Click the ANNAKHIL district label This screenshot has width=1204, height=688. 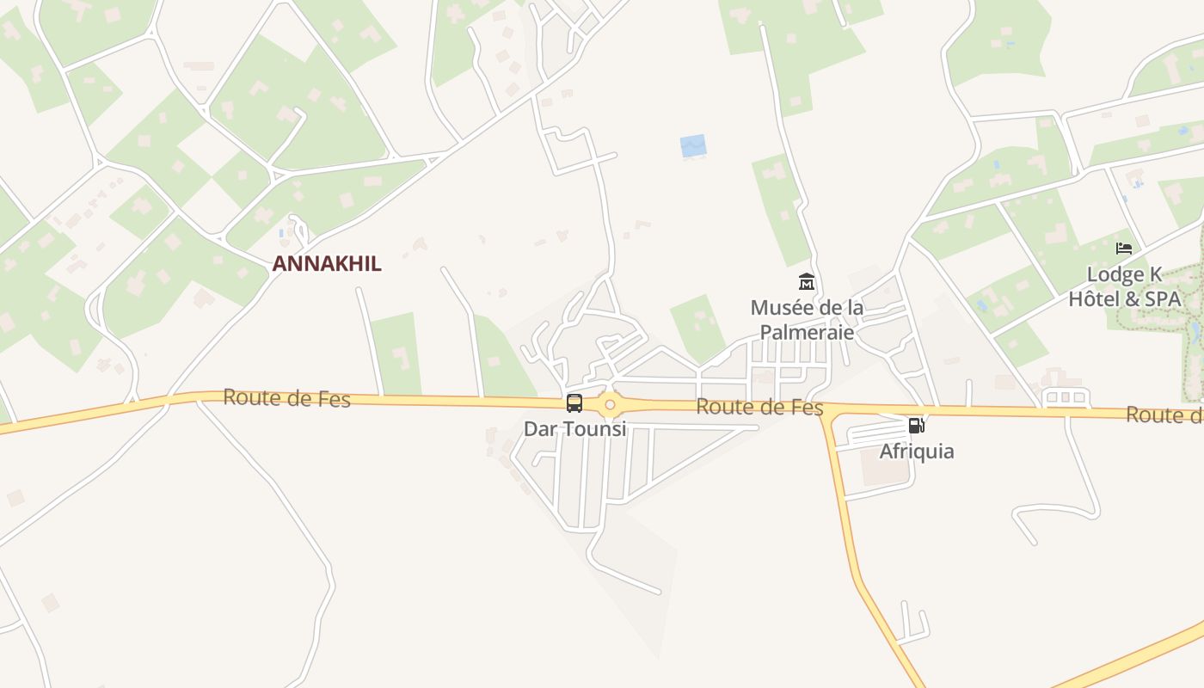[327, 264]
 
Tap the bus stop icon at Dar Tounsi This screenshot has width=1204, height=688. [574, 403]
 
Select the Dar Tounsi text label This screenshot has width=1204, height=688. [574, 428]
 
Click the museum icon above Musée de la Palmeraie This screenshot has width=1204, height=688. [807, 281]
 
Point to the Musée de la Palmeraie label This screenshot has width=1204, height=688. [807, 319]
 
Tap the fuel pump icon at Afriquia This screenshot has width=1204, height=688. [917, 426]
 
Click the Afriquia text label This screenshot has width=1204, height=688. [917, 451]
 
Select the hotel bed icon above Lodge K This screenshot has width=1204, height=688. [1124, 249]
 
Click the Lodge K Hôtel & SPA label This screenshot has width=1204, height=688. [1125, 287]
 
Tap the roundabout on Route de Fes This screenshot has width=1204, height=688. [610, 404]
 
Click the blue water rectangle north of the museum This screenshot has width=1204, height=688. [693, 146]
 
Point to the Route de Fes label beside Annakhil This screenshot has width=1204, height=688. [286, 398]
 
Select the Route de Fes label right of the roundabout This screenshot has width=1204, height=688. [759, 408]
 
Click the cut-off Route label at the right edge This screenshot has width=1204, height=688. [1164, 415]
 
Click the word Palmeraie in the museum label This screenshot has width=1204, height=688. [807, 332]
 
